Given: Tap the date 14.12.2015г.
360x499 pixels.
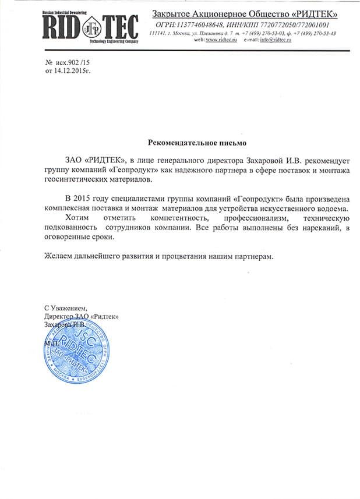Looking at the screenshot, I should pos(73,70).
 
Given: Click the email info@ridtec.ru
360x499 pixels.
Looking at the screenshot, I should pos(276,40).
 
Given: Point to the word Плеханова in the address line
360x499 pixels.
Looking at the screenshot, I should pos(210,34).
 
